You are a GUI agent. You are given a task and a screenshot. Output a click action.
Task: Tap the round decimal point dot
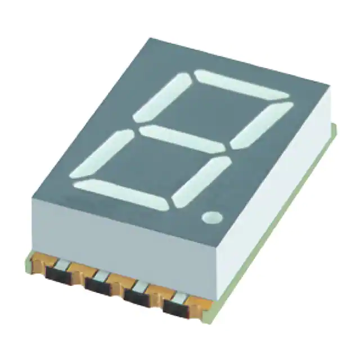(x=213, y=217)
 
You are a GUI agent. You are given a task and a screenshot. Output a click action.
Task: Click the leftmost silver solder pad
(x=64, y=264)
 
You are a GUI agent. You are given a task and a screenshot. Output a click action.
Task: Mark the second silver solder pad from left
(x=102, y=275)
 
